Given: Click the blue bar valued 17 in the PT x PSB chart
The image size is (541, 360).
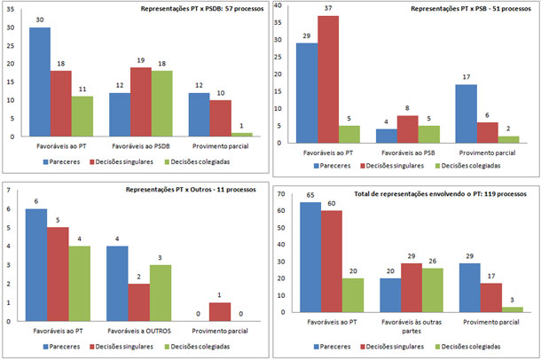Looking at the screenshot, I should coord(463,113).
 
